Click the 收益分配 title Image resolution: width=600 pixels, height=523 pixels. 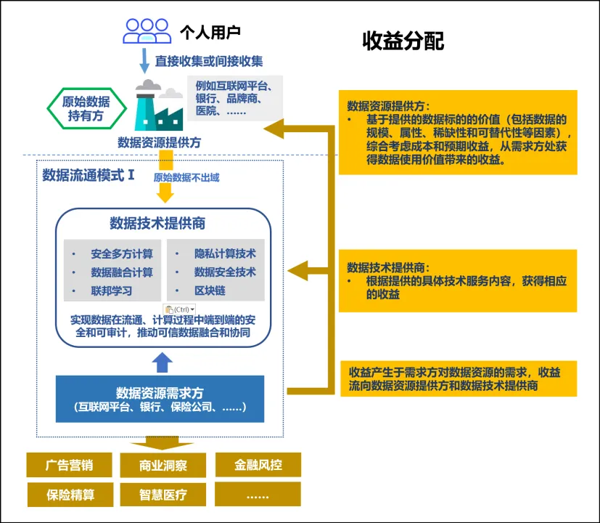click(403, 41)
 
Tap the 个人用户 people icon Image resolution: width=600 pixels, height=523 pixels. click(147, 31)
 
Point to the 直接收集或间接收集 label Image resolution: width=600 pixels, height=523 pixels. click(209, 61)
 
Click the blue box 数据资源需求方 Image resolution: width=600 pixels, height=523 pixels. click(160, 399)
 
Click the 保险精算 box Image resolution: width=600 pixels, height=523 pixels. click(70, 495)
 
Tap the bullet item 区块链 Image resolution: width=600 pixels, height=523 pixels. click(210, 291)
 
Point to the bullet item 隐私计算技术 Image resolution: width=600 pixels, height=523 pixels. click(225, 254)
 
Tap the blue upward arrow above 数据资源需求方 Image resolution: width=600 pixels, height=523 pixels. click(163, 361)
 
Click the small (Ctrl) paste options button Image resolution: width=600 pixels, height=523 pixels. click(179, 309)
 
